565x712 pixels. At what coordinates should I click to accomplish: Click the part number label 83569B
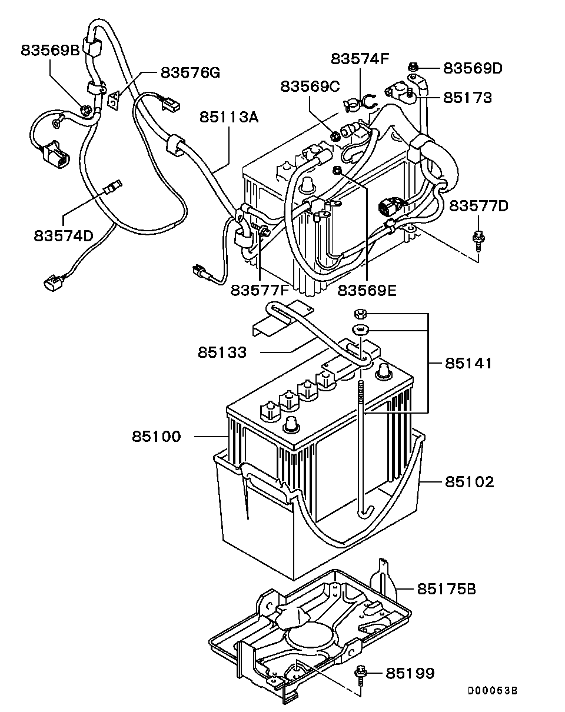click(50, 50)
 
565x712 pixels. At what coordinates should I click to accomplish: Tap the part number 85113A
click(228, 117)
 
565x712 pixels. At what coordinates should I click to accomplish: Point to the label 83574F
click(360, 59)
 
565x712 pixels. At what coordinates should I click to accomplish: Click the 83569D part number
click(473, 68)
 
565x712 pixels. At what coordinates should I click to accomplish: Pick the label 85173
click(467, 97)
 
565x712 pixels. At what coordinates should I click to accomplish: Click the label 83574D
click(64, 235)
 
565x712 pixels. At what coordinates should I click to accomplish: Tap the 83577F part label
click(260, 290)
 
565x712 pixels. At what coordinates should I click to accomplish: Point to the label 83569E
click(367, 290)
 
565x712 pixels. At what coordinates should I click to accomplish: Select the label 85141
click(468, 363)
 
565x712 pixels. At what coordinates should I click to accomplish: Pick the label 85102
click(469, 482)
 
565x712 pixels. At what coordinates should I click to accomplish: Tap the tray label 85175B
click(447, 588)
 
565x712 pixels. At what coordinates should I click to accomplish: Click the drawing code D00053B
click(493, 690)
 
